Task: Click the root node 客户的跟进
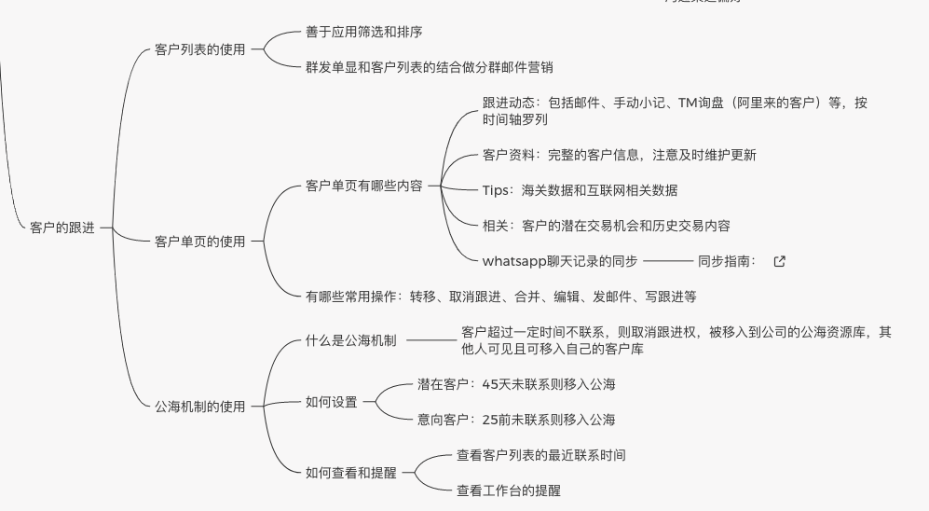[x=62, y=228]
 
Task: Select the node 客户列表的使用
[x=200, y=49]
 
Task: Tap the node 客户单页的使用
[x=200, y=242]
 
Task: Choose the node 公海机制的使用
[x=200, y=406]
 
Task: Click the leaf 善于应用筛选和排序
[x=364, y=33]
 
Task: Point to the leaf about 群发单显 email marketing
[x=435, y=66]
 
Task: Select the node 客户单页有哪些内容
[x=364, y=186]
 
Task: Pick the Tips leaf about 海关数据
[x=580, y=190]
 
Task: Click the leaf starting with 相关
[x=606, y=226]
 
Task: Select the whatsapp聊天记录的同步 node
[x=560, y=261]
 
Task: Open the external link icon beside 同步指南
[x=780, y=261]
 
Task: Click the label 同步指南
[x=728, y=261]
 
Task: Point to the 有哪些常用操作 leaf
[x=500, y=297]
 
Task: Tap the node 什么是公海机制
[x=351, y=340]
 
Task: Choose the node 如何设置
[x=332, y=402]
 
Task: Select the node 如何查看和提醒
[x=351, y=473]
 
